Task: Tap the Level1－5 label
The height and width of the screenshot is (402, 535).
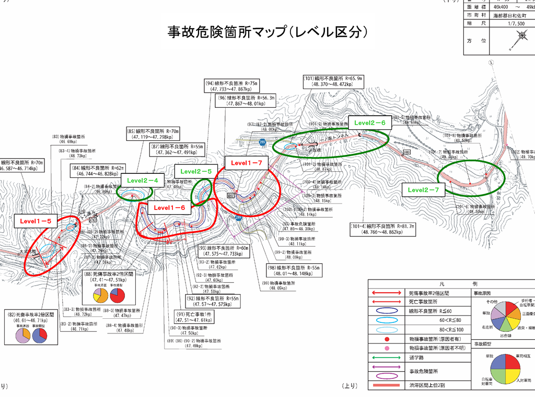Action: click(36, 221)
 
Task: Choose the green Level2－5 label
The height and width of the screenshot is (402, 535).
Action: click(196, 171)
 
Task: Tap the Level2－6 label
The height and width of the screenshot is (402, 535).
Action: click(370, 122)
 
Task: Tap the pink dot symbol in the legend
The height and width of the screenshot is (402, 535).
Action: click(387, 349)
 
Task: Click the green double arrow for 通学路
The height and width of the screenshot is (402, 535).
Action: click(387, 359)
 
